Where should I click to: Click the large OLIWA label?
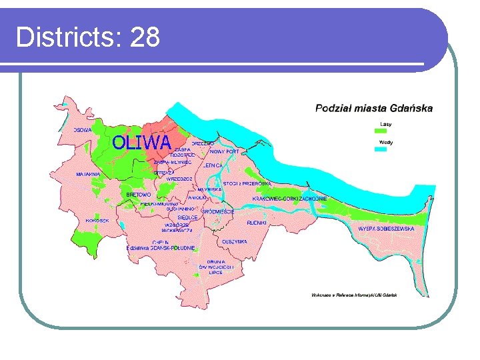click(141, 142)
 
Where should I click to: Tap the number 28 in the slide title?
click(145, 37)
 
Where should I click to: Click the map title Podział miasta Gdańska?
click(373, 107)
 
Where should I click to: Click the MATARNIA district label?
click(87, 174)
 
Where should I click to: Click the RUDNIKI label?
click(257, 222)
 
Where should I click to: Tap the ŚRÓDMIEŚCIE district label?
click(218, 211)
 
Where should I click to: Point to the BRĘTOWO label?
click(139, 195)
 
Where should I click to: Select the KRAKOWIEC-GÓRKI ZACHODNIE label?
click(289, 199)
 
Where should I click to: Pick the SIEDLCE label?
click(187, 217)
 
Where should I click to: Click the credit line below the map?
click(354, 295)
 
